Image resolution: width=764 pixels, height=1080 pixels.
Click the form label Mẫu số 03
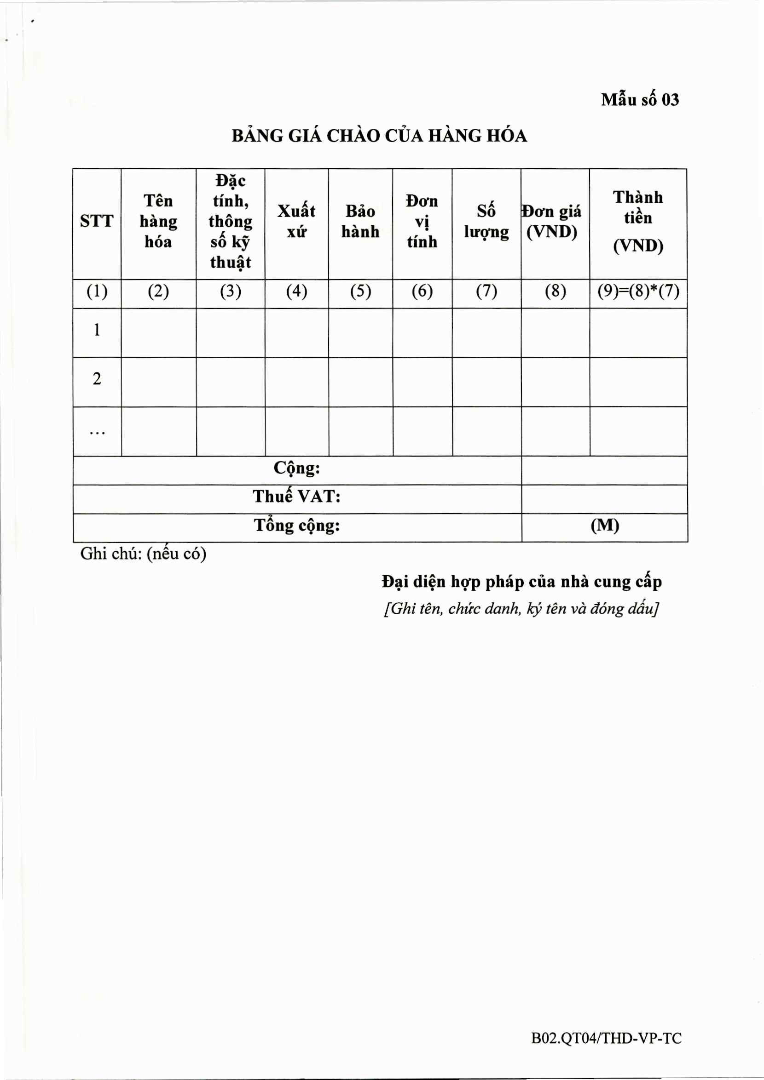pos(640,100)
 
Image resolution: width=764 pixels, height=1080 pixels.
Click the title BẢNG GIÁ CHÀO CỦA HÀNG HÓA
pos(379,136)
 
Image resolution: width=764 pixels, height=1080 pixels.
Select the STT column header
pos(97,221)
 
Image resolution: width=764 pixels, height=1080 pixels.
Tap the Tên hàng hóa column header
pos(158,221)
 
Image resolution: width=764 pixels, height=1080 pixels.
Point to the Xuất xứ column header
pos(296,221)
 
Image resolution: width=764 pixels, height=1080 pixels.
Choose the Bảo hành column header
pos(360,221)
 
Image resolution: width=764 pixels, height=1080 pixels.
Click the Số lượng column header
pos(486,221)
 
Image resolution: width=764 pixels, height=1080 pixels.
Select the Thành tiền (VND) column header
pos(638,221)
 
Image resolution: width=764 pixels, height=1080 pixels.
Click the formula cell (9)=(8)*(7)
pos(638,291)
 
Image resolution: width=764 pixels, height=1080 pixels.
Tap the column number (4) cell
pos(296,291)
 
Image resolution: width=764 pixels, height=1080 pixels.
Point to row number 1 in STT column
pos(97,330)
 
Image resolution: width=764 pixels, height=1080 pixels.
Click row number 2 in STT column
pos(97,379)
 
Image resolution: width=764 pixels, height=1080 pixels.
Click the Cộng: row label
pos(296,469)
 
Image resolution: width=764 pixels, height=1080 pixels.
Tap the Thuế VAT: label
pos(296,497)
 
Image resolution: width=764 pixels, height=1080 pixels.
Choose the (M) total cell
pos(605,526)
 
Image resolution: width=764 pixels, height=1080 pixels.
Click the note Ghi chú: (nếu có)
pos(143,554)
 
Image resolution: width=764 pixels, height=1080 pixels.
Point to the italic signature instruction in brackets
pos(521,609)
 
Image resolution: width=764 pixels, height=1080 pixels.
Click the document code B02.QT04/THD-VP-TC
pos(606,1038)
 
